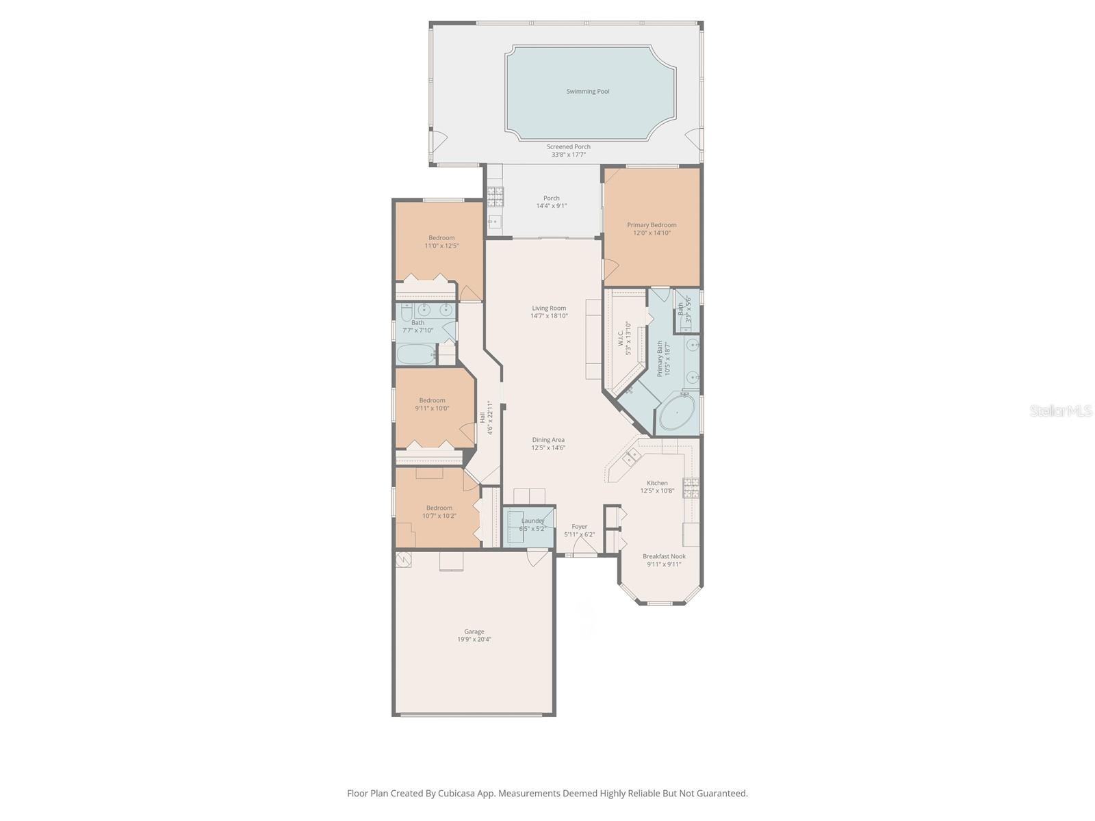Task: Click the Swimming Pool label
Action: pos(587,91)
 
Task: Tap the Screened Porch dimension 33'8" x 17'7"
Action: pos(568,155)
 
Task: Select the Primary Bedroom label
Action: pos(652,225)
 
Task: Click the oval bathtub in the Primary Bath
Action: pos(677,413)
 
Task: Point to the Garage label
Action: pos(474,631)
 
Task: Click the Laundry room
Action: pos(528,525)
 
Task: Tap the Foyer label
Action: pos(579,526)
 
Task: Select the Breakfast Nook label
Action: pos(664,556)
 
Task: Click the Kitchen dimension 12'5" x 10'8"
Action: pos(657,491)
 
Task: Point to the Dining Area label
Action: pos(548,440)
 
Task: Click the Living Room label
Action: pos(549,308)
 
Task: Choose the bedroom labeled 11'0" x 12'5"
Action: pos(441,242)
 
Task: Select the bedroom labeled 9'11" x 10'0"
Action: pos(432,404)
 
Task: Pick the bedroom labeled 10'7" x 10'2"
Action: pos(439,512)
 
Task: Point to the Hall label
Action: pos(482,417)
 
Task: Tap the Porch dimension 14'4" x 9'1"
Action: pos(551,206)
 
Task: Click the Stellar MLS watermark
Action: pos(1060,410)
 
